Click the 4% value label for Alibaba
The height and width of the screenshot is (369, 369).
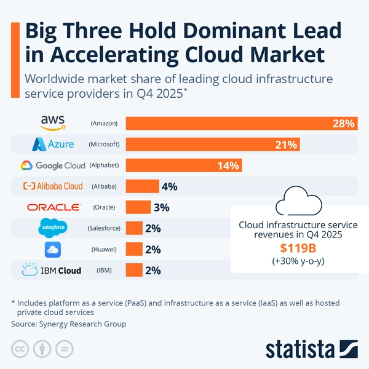pyautogui.click(x=169, y=186)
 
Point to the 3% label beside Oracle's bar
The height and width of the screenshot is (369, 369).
pyautogui.click(x=161, y=207)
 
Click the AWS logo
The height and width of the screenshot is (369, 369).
pyautogui.click(x=53, y=122)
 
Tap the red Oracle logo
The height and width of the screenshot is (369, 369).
pyautogui.click(x=53, y=207)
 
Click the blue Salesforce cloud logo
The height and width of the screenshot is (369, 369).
pyautogui.click(x=53, y=228)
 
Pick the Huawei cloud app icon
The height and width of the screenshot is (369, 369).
pyautogui.click(x=53, y=249)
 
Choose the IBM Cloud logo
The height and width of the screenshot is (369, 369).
pyautogui.click(x=52, y=270)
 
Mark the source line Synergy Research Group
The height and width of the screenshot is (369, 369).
pyautogui.click(x=68, y=323)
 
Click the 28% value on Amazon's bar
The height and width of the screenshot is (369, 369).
pyautogui.click(x=343, y=124)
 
